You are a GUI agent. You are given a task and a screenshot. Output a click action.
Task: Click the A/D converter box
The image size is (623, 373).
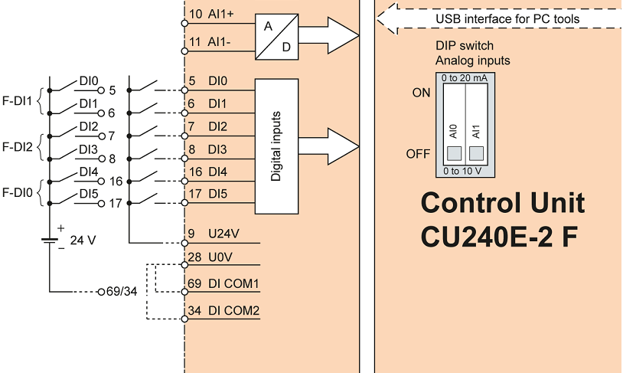(276, 35)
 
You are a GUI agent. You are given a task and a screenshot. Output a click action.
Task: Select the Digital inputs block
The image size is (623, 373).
(276, 146)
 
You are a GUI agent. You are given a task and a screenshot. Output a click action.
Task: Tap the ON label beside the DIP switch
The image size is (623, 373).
(422, 93)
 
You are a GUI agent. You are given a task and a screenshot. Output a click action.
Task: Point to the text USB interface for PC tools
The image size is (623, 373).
(507, 18)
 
